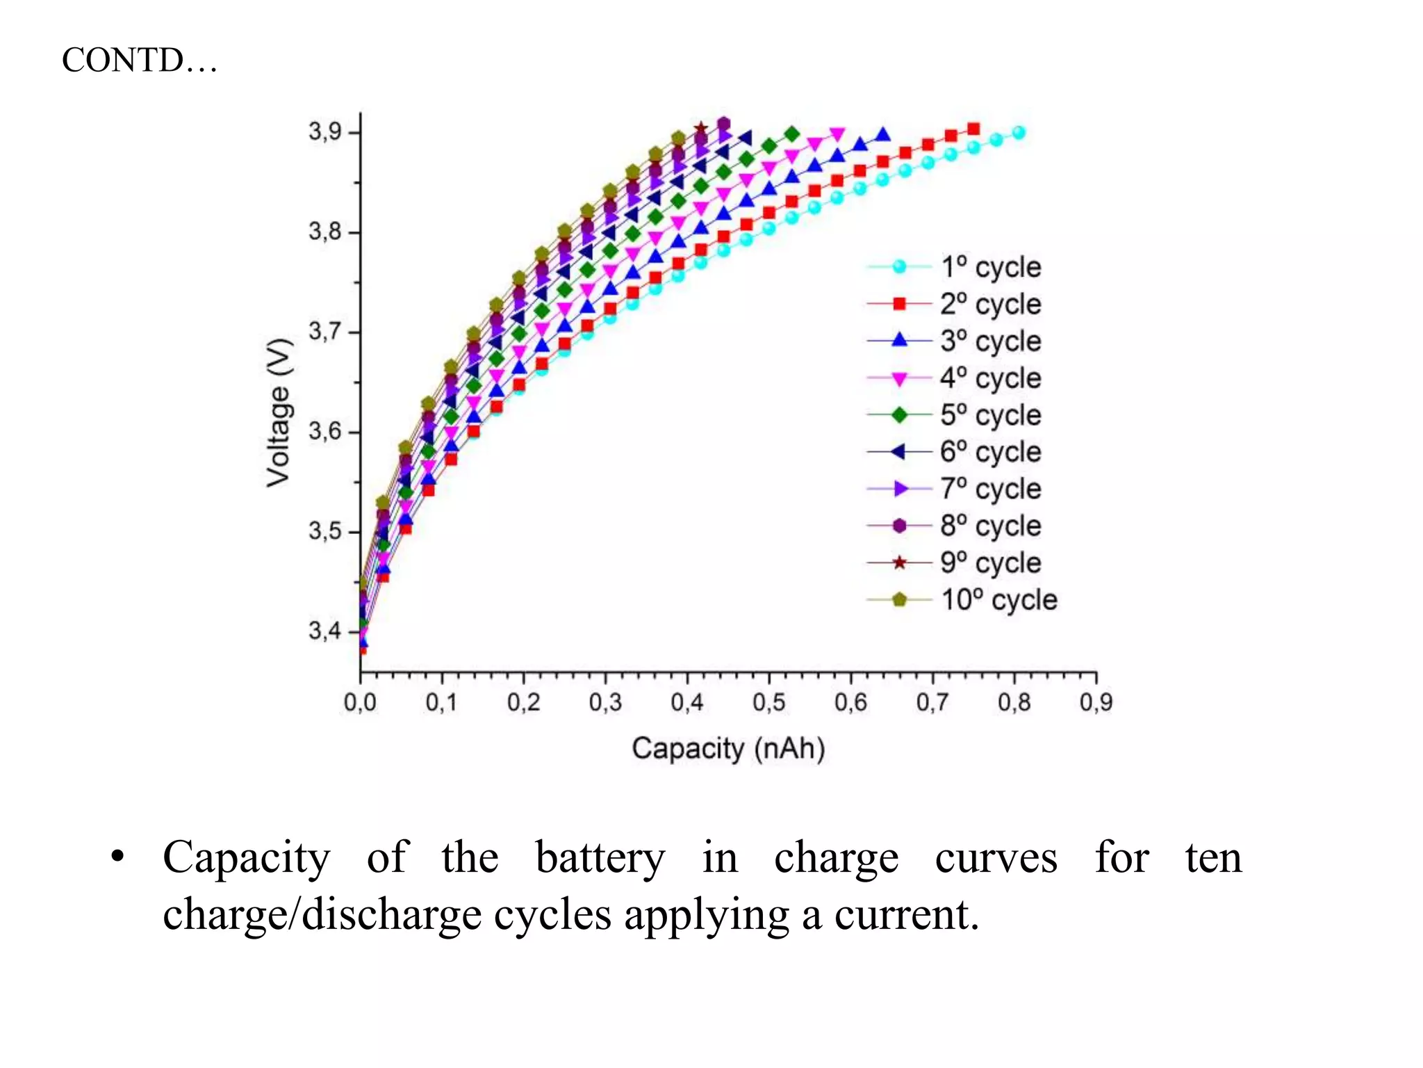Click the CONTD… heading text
pos(139,60)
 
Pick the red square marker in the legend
pos(899,304)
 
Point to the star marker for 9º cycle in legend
pos(899,563)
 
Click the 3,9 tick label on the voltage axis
pos(324,131)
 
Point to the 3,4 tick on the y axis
pos(324,631)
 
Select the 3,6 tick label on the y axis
pos(324,431)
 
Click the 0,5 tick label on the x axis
pos(768,702)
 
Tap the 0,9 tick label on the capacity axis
pos(1096,702)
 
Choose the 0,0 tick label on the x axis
pos(360,702)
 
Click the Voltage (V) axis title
pos(279,412)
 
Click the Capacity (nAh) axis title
pos(728,749)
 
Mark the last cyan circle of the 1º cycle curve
pos(1019,132)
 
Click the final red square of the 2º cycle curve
pos(973,129)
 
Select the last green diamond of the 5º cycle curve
pos(791,133)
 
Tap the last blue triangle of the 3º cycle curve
pos(882,135)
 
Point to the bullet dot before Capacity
pos(117,857)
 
